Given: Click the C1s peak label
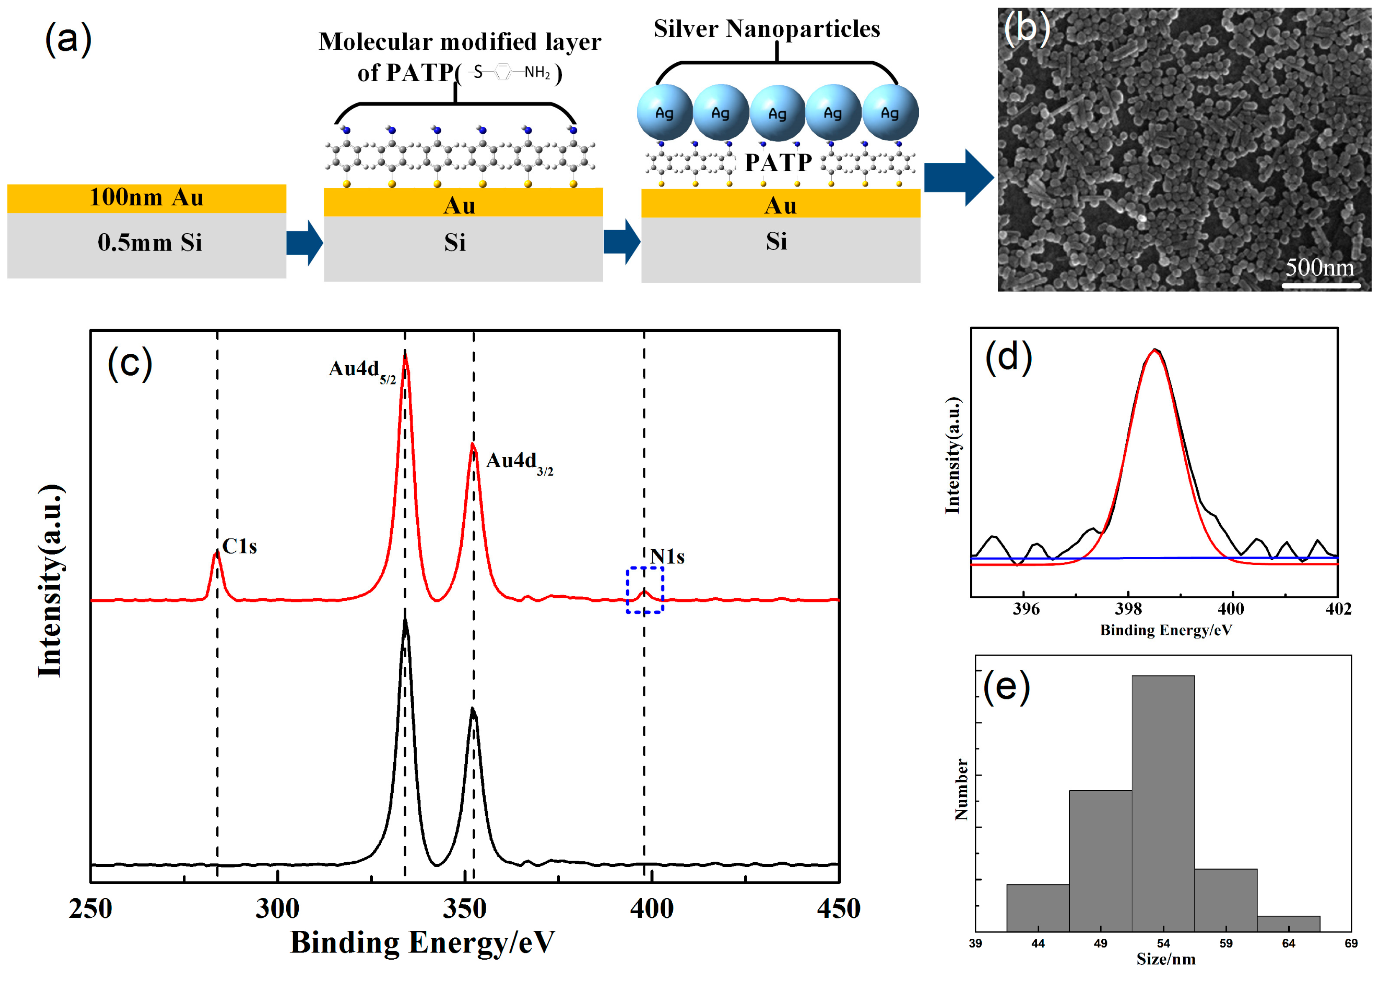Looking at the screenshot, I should tap(239, 546).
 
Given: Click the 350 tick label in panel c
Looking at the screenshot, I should tap(464, 909).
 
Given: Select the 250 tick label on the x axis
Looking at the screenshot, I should tap(90, 909).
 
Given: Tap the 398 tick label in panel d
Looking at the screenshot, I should tap(1128, 609).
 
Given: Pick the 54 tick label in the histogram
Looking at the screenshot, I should tap(1163, 943).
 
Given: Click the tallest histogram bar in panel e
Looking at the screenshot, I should tap(1163, 802).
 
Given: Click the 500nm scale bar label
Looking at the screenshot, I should tap(1320, 267).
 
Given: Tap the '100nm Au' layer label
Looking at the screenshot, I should tap(146, 198).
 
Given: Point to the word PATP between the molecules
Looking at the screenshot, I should tap(778, 162).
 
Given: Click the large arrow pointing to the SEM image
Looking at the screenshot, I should tap(958, 177).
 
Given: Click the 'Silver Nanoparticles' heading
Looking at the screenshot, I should tap(767, 28).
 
